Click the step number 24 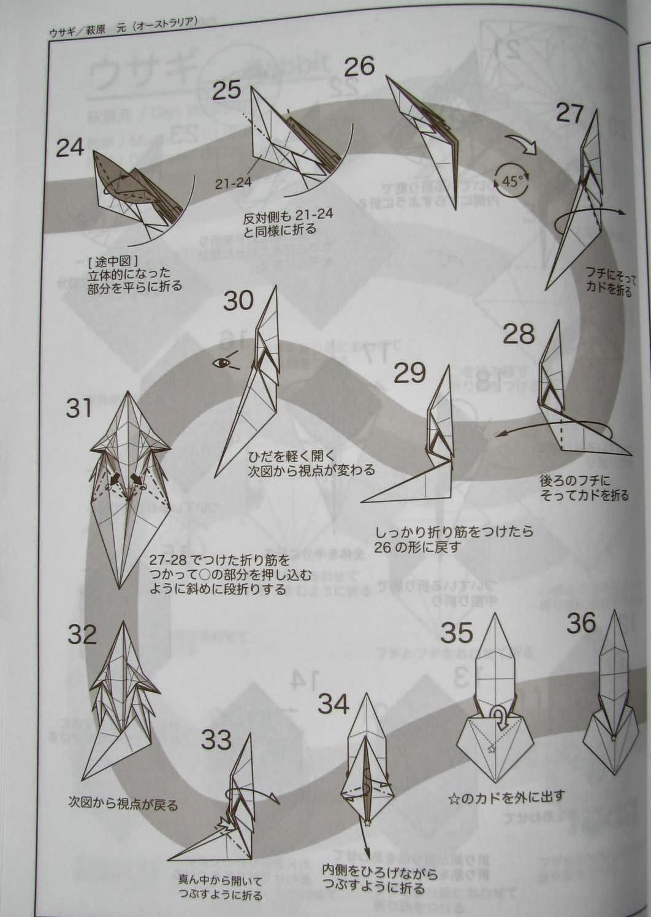point(70,147)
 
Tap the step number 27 point(569,113)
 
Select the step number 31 point(78,408)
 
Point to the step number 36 point(581,623)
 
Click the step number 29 point(409,373)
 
